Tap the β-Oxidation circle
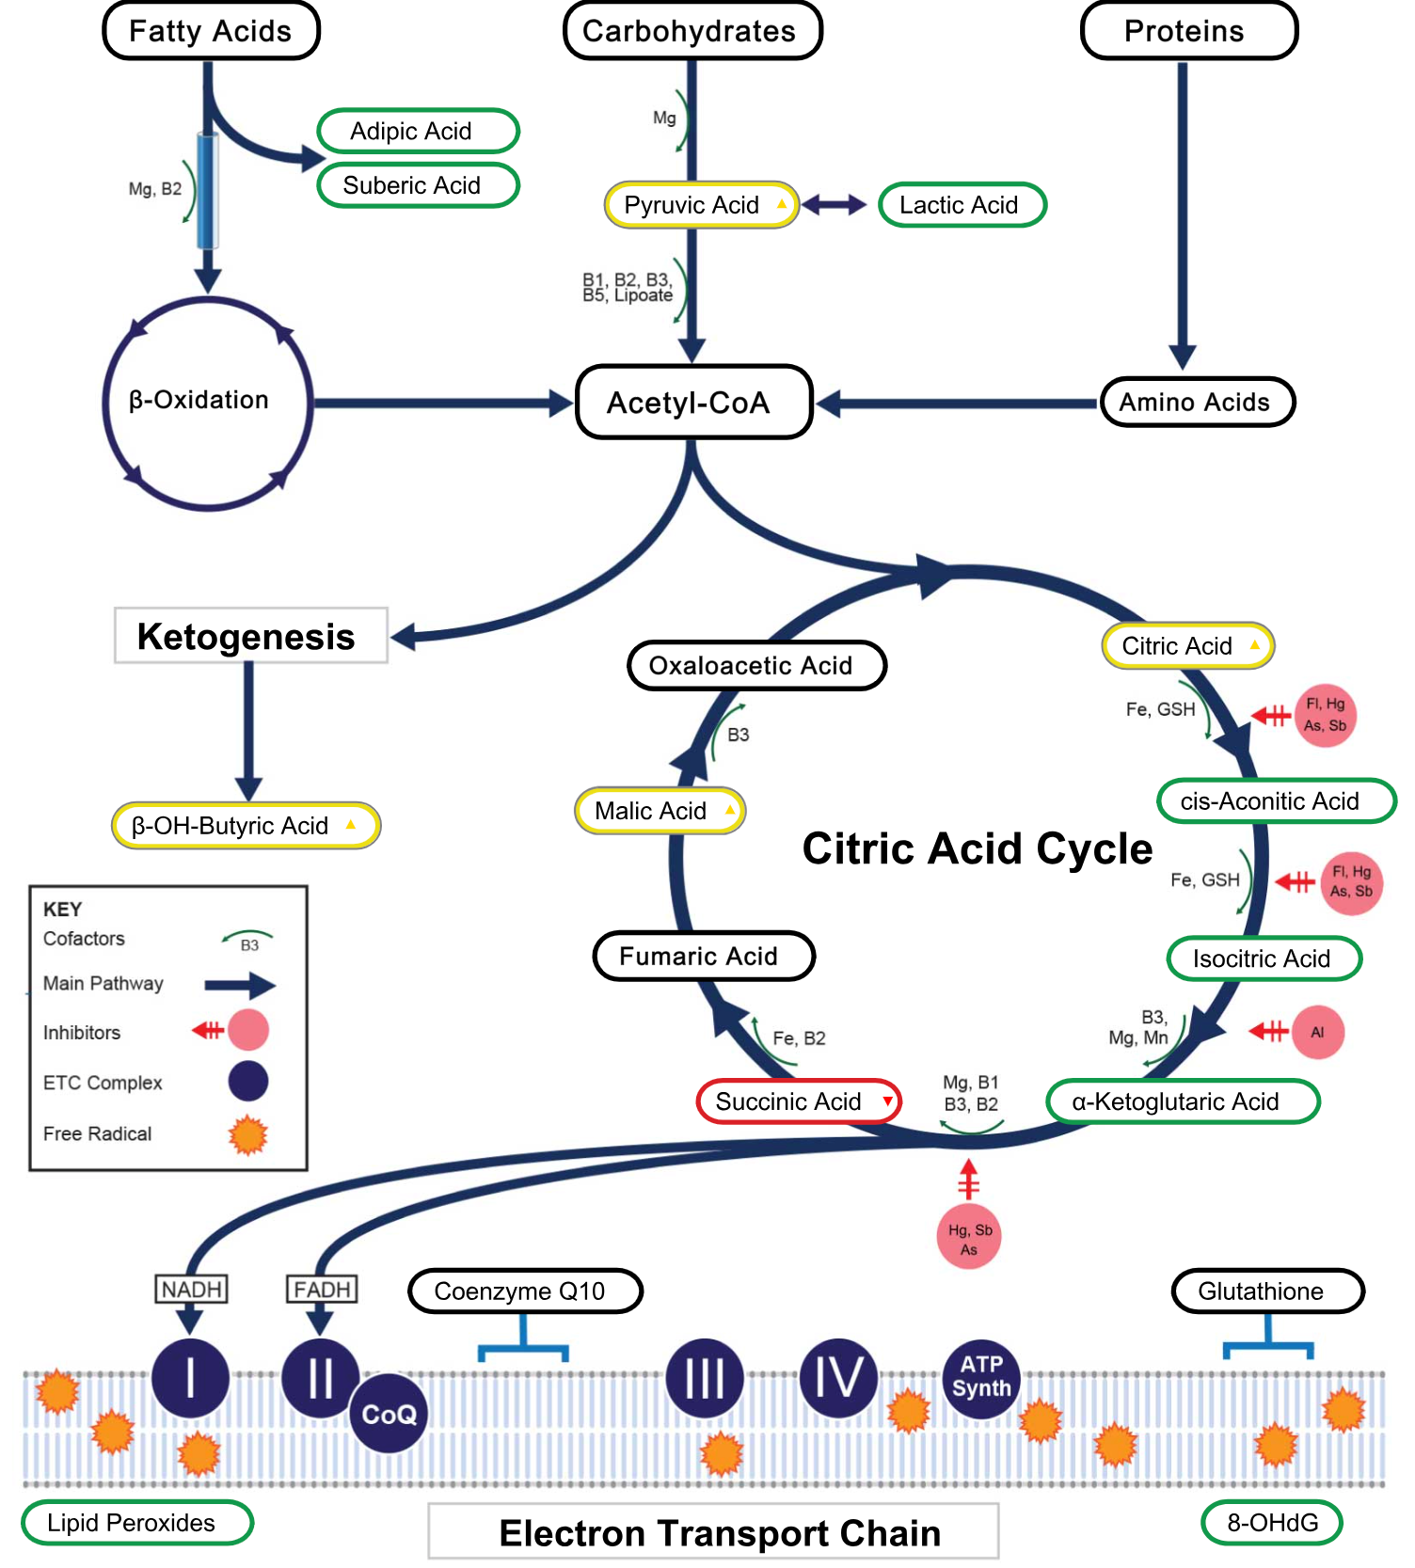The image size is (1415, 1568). tap(207, 403)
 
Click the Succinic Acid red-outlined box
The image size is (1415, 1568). tap(798, 1101)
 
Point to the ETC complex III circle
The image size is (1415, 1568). tap(704, 1379)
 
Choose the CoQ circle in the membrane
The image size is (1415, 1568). tap(389, 1413)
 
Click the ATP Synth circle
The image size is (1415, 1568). tap(981, 1378)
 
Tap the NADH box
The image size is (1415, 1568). tap(191, 1289)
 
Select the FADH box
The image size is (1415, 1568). tap(322, 1289)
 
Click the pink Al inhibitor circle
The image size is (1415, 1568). tap(1317, 1032)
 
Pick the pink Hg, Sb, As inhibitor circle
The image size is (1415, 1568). tap(969, 1238)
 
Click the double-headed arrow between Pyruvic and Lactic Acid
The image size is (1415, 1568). tap(834, 205)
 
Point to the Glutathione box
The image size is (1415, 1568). tap(1266, 1291)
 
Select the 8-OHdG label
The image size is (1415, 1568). tap(1272, 1523)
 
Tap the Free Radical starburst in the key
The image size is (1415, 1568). tap(248, 1134)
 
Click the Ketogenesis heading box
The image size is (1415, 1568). tap(250, 636)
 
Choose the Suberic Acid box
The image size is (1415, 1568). tap(418, 185)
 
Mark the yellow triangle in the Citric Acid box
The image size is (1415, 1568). tap(1254, 645)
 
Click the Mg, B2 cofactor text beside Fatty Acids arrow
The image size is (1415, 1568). tap(155, 189)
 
